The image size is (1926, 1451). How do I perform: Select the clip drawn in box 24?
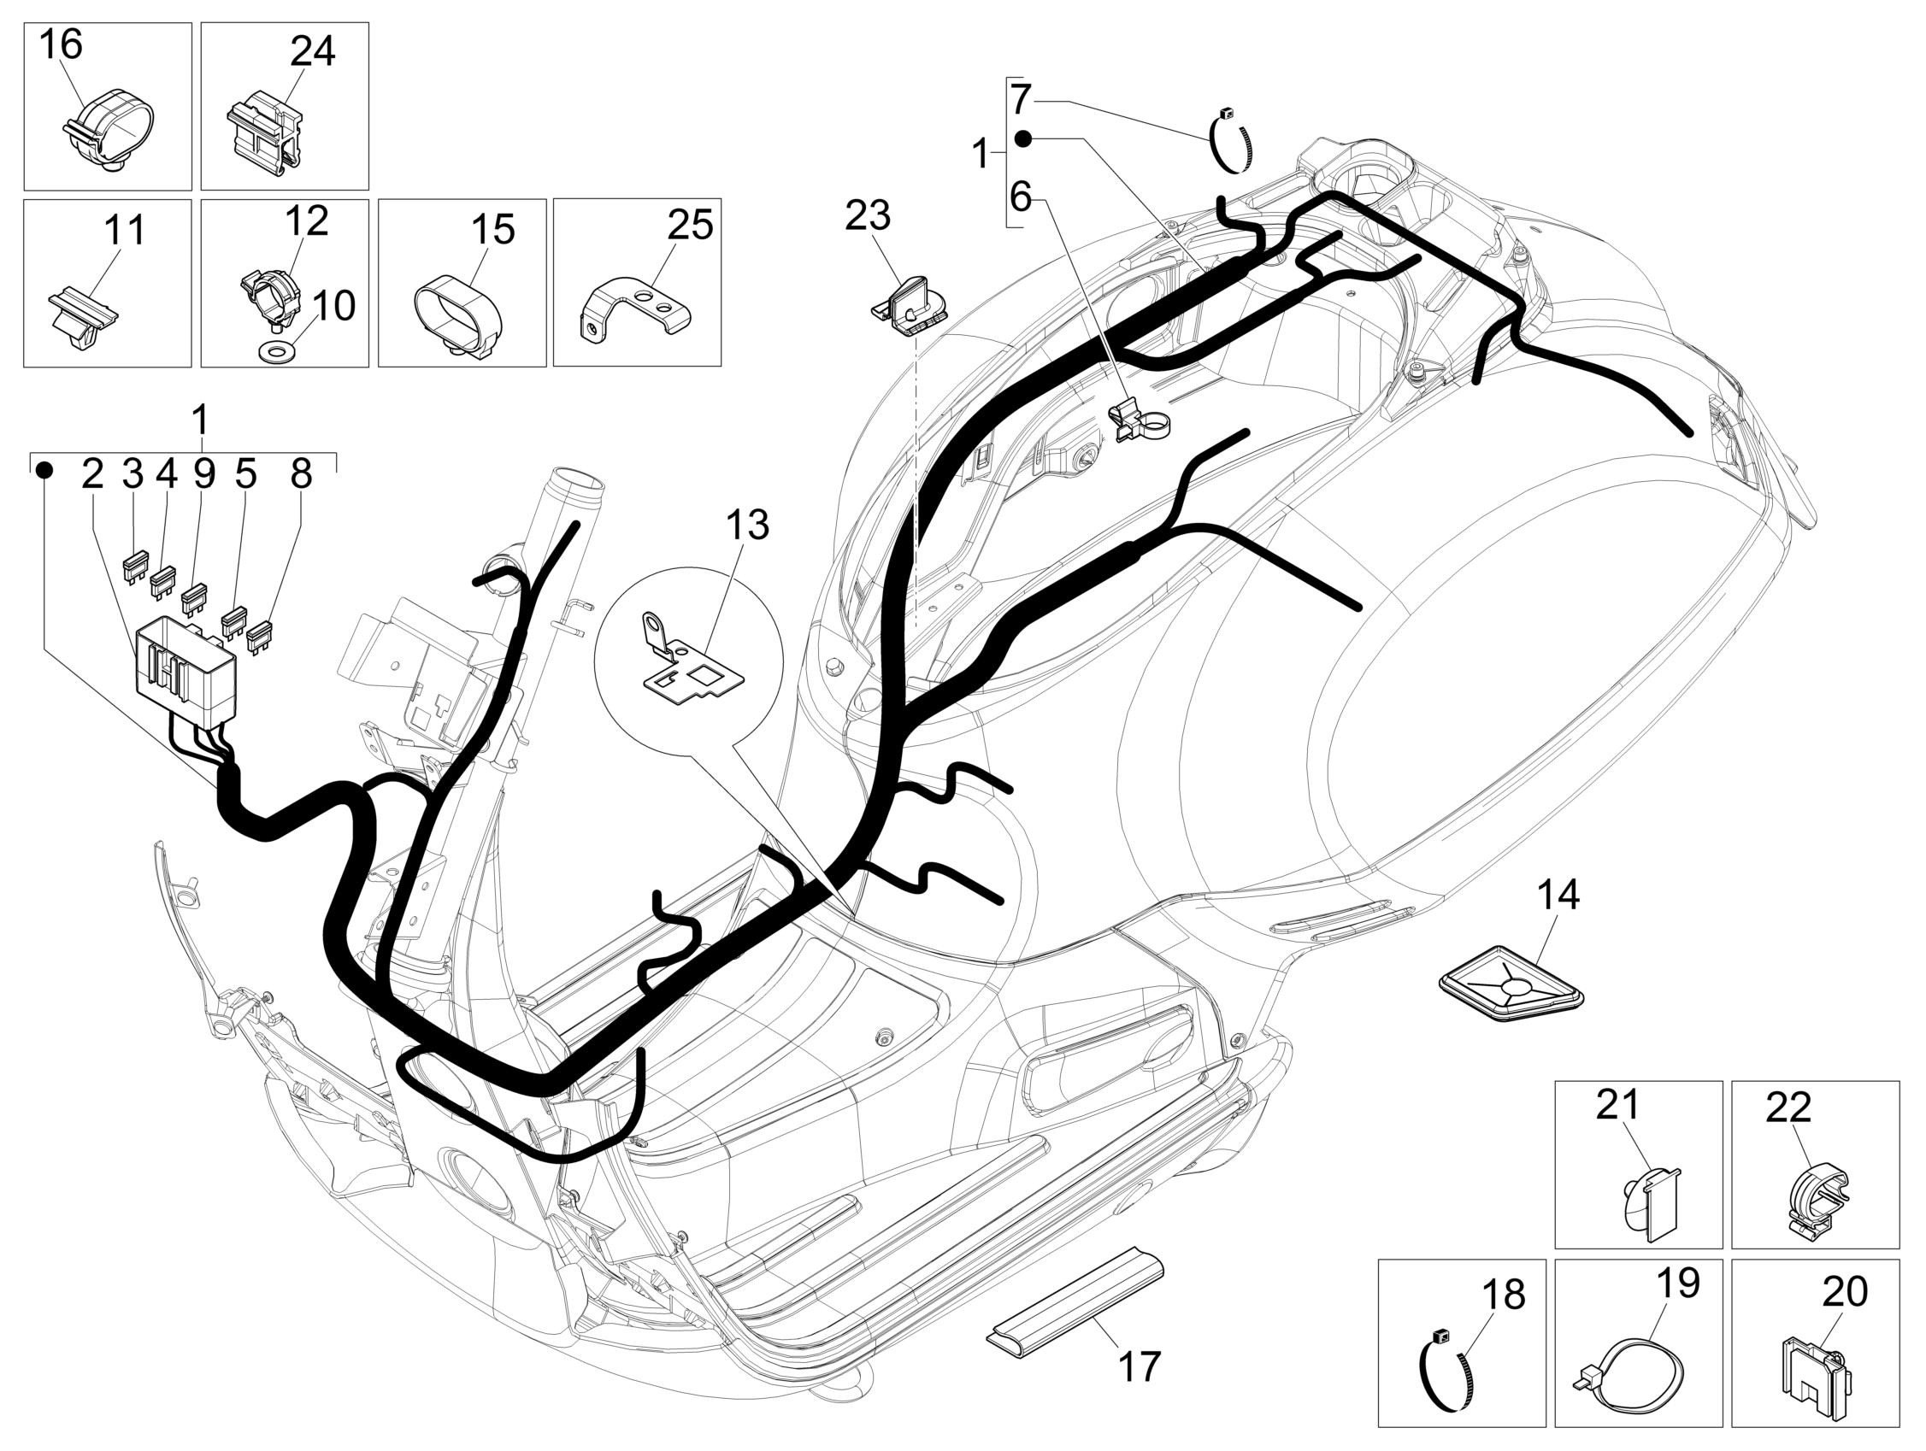click(266, 132)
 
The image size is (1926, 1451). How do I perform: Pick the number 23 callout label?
click(867, 216)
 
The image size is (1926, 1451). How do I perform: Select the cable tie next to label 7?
click(1232, 139)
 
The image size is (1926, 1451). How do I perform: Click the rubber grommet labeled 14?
click(1509, 990)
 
